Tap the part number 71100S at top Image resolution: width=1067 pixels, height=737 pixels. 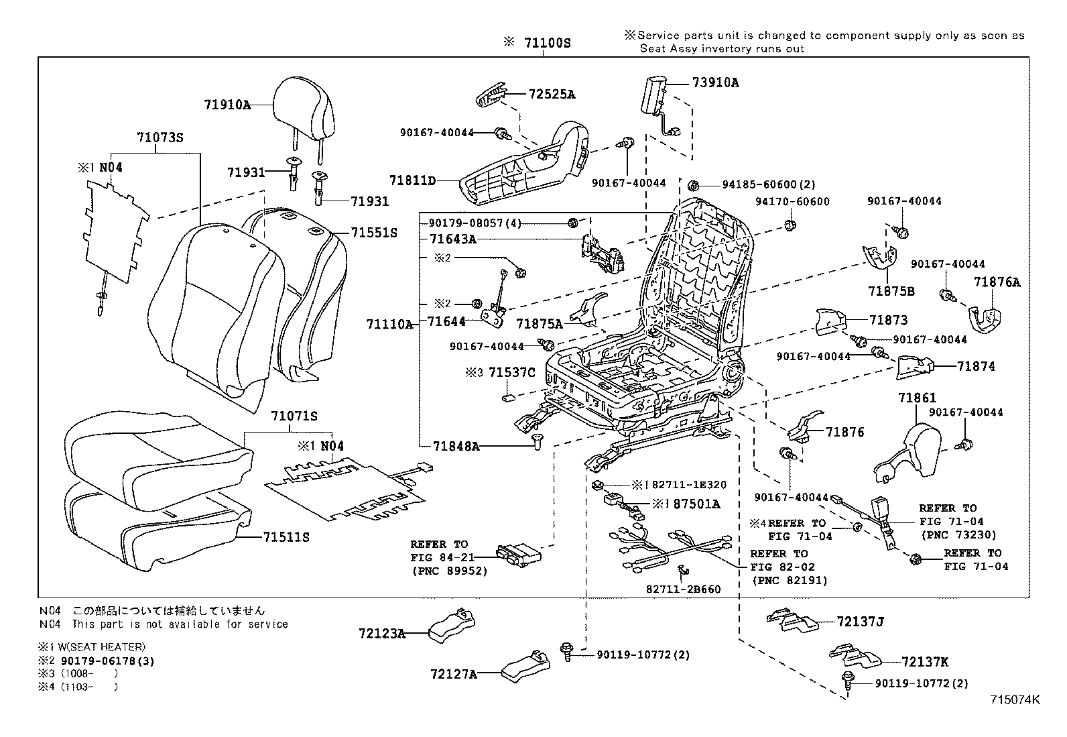[546, 43]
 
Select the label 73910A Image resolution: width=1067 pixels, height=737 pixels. [715, 82]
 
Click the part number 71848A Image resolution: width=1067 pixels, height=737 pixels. [456, 446]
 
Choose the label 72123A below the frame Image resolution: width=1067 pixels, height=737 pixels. [381, 632]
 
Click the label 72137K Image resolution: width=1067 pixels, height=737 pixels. [925, 663]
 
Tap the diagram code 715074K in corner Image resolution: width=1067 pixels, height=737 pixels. [1015, 699]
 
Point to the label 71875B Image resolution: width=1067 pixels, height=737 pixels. [891, 291]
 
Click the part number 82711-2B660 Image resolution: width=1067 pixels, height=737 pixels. [684, 589]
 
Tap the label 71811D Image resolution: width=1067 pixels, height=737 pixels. [412, 180]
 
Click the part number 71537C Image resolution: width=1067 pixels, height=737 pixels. [511, 372]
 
